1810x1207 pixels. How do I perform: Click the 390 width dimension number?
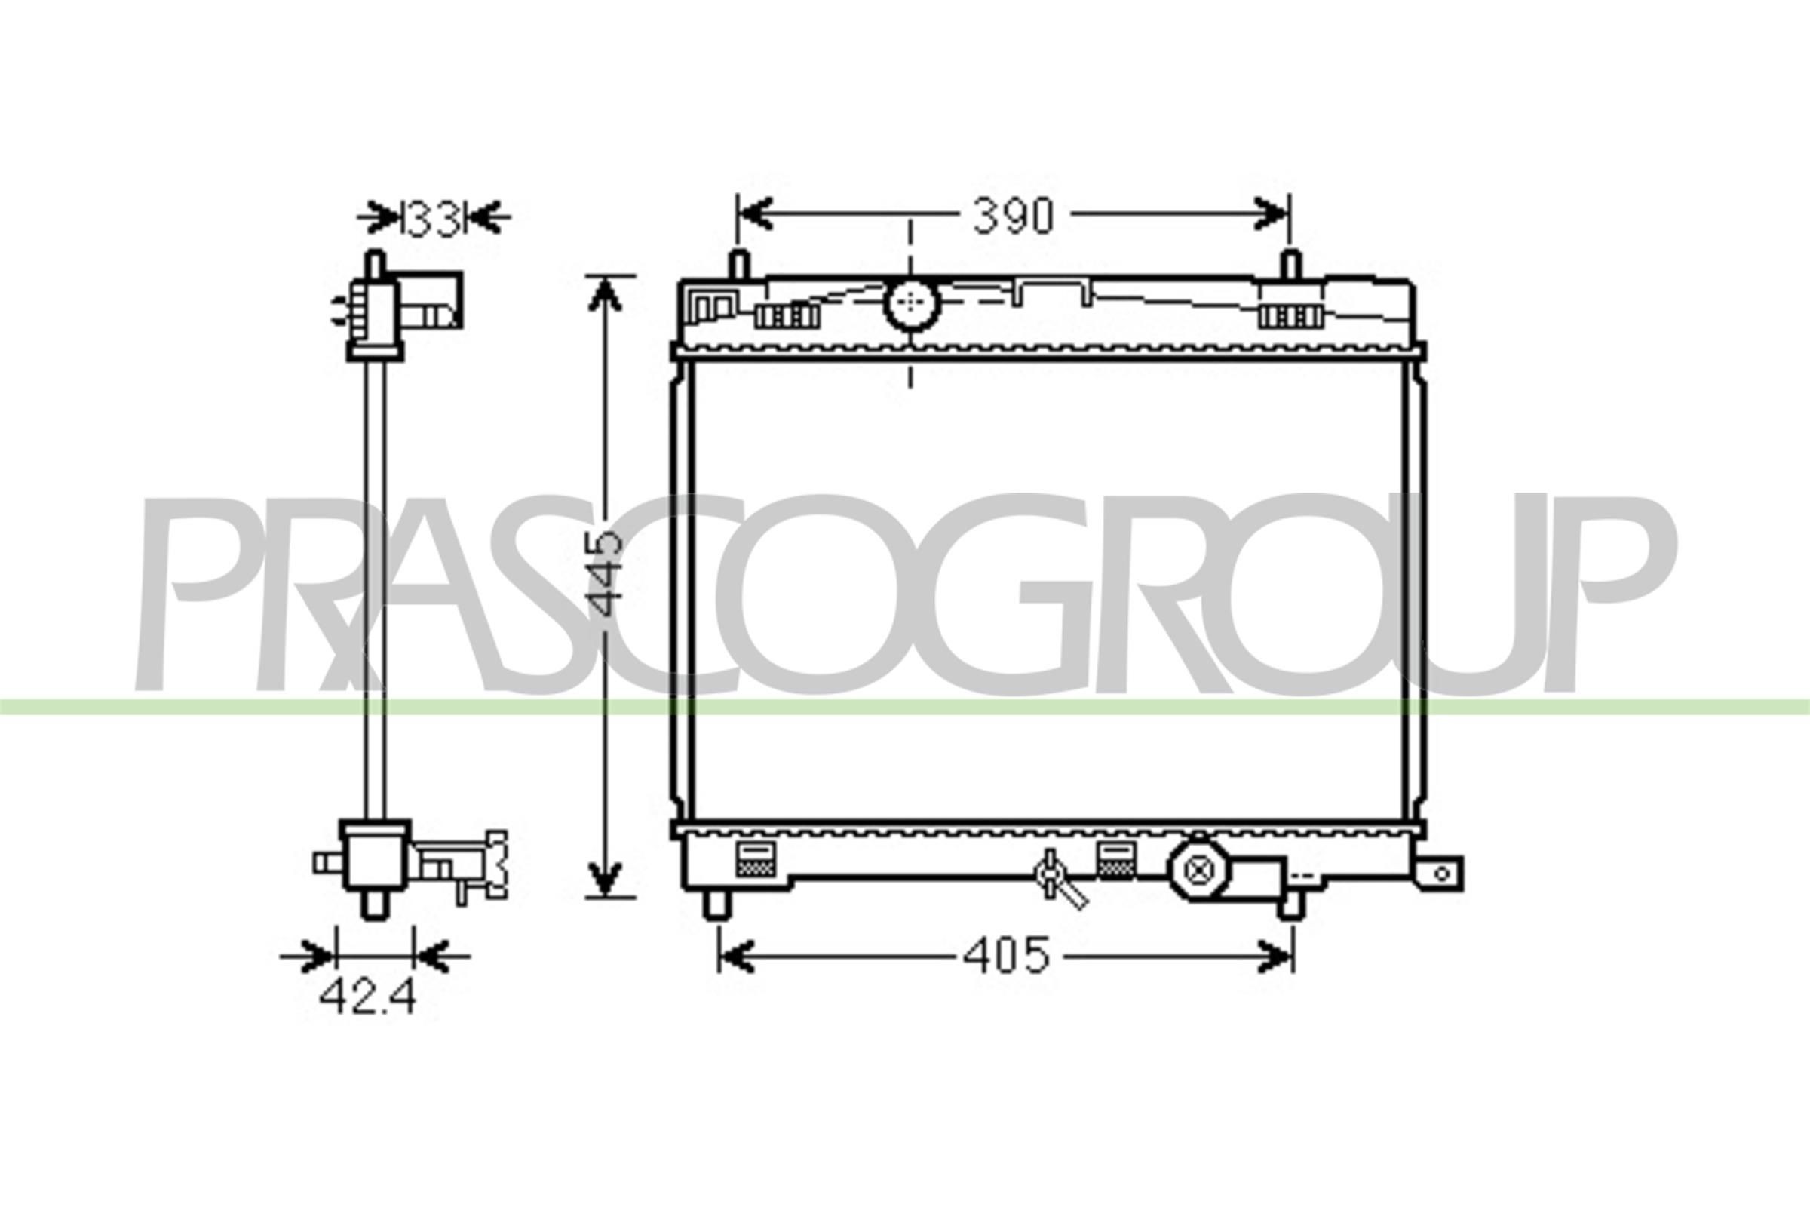coord(1012,217)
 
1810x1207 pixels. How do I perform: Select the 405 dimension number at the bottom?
coord(1007,956)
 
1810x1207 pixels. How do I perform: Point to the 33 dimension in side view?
coord(433,218)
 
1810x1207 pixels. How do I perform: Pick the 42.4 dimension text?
coord(367,997)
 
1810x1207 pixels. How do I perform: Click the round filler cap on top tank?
coord(912,304)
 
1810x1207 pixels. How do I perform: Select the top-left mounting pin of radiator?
coord(739,266)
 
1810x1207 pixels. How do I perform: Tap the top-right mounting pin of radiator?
coord(1291,266)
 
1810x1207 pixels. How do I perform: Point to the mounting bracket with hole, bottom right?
coord(1440,874)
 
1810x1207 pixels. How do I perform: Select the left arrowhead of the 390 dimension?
coord(754,213)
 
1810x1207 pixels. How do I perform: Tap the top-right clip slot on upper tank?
coord(1290,315)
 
